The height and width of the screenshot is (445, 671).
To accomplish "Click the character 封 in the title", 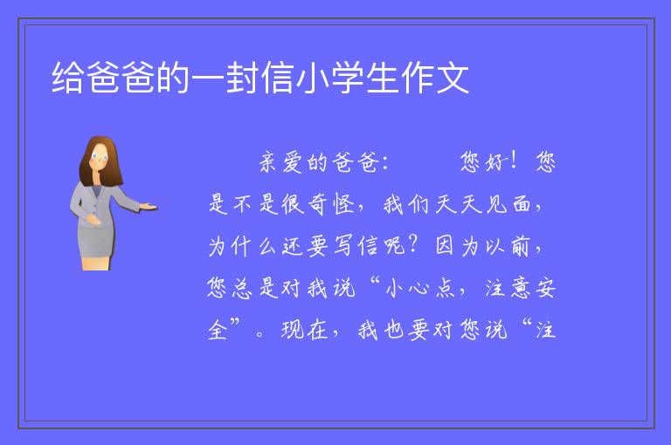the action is click(243, 78).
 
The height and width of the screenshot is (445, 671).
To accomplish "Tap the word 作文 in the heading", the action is click(435, 78).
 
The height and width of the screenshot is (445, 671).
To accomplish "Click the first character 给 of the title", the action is click(68, 78).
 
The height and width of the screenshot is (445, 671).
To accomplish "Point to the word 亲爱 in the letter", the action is click(281, 162).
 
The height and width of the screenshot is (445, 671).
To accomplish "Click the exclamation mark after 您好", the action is click(514, 161).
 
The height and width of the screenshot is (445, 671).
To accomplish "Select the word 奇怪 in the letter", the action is click(332, 204).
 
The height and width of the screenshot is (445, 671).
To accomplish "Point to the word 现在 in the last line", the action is click(304, 330).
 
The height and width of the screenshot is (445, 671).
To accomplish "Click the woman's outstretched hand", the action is click(149, 207).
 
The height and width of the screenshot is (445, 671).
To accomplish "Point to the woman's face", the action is click(99, 157).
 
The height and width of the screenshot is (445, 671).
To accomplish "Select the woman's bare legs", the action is click(96, 263).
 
